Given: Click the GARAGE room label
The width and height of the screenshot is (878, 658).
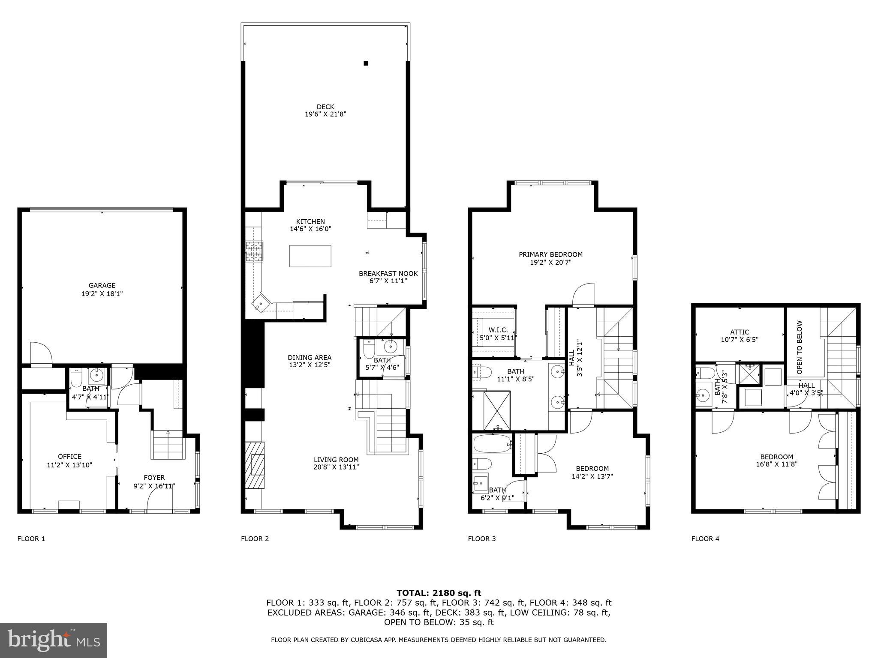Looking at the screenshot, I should coord(102,285).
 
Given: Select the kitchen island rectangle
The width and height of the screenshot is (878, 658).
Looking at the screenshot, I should coord(310,256).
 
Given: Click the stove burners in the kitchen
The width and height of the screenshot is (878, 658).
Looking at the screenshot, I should coord(254,251).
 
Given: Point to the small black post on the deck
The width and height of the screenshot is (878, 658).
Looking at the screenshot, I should coord(366,63).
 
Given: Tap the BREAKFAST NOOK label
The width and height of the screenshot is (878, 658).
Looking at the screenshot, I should coord(388,273).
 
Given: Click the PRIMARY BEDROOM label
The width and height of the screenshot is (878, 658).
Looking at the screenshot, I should coord(550,254).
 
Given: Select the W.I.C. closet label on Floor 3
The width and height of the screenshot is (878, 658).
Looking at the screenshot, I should coord(498,330).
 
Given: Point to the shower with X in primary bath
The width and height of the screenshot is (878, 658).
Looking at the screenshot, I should coord(491,410).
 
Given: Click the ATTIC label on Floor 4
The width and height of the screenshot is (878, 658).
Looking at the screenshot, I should coord(740,332).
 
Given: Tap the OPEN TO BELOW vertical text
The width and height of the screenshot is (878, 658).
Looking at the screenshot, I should coord(800,347).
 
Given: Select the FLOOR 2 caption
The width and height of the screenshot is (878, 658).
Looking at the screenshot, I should coord(255,538).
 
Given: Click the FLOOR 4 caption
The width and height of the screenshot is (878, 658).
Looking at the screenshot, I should coord(705,538).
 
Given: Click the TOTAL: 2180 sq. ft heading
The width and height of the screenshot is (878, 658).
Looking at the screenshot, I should coord(439,593).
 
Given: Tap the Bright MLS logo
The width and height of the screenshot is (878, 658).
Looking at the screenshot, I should coord(53,640).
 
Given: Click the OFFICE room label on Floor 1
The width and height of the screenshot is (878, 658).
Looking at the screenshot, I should coord(69,456).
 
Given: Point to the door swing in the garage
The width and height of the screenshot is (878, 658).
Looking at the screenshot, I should coord(42,353).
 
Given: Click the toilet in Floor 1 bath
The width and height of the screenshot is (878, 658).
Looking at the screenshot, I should coord(76,378).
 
